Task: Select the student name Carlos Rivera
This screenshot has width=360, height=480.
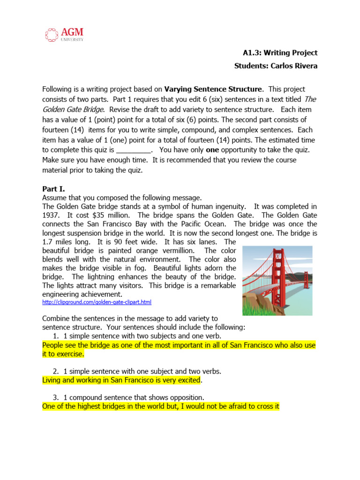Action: (x=294, y=66)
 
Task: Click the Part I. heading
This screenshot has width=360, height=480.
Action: (x=53, y=189)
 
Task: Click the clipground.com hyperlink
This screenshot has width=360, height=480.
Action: (x=97, y=302)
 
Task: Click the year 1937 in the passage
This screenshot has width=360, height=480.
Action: (x=51, y=215)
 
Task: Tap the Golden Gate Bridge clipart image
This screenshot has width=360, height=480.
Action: (x=277, y=280)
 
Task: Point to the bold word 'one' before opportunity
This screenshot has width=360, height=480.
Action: (x=212, y=150)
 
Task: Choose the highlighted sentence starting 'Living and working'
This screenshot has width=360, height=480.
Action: (x=122, y=380)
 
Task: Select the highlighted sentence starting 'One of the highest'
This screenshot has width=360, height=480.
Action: (x=161, y=406)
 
